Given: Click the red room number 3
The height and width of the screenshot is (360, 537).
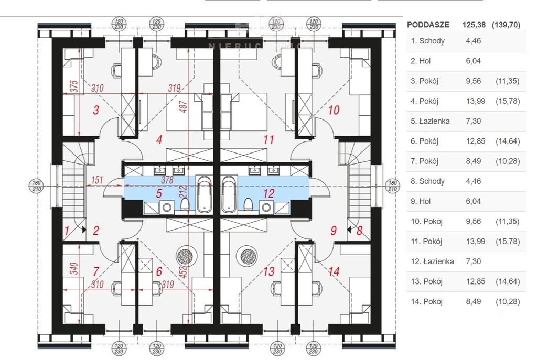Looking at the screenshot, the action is (96, 110).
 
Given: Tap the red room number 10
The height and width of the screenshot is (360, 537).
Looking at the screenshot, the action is (334, 110).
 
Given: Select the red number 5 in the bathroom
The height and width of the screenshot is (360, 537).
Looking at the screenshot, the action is (159, 193).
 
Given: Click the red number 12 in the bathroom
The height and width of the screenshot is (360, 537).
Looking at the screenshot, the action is (269, 193).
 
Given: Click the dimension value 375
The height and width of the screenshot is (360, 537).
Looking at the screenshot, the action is (74, 86).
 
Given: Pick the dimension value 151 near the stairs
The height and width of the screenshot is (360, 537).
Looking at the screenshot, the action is (97, 180).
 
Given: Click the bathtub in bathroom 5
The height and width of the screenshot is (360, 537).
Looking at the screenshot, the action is (204, 194).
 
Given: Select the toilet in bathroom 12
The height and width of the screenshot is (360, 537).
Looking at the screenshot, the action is (248, 205).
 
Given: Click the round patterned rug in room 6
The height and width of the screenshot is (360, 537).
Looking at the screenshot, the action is (186, 256).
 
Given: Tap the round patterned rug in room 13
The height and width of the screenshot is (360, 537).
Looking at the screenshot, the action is (249, 256).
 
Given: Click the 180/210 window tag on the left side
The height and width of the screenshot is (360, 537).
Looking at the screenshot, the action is (37, 186).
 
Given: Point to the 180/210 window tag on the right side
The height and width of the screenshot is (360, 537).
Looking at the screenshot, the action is (392, 186).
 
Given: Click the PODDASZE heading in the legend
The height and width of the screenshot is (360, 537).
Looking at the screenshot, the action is (428, 25).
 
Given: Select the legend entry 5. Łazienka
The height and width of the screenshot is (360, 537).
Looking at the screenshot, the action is (430, 121).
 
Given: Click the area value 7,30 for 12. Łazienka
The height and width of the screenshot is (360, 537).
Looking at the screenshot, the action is (474, 261).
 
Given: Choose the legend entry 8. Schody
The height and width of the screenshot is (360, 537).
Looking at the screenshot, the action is (428, 181).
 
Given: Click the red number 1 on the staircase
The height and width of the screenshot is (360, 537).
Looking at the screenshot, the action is (67, 231).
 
